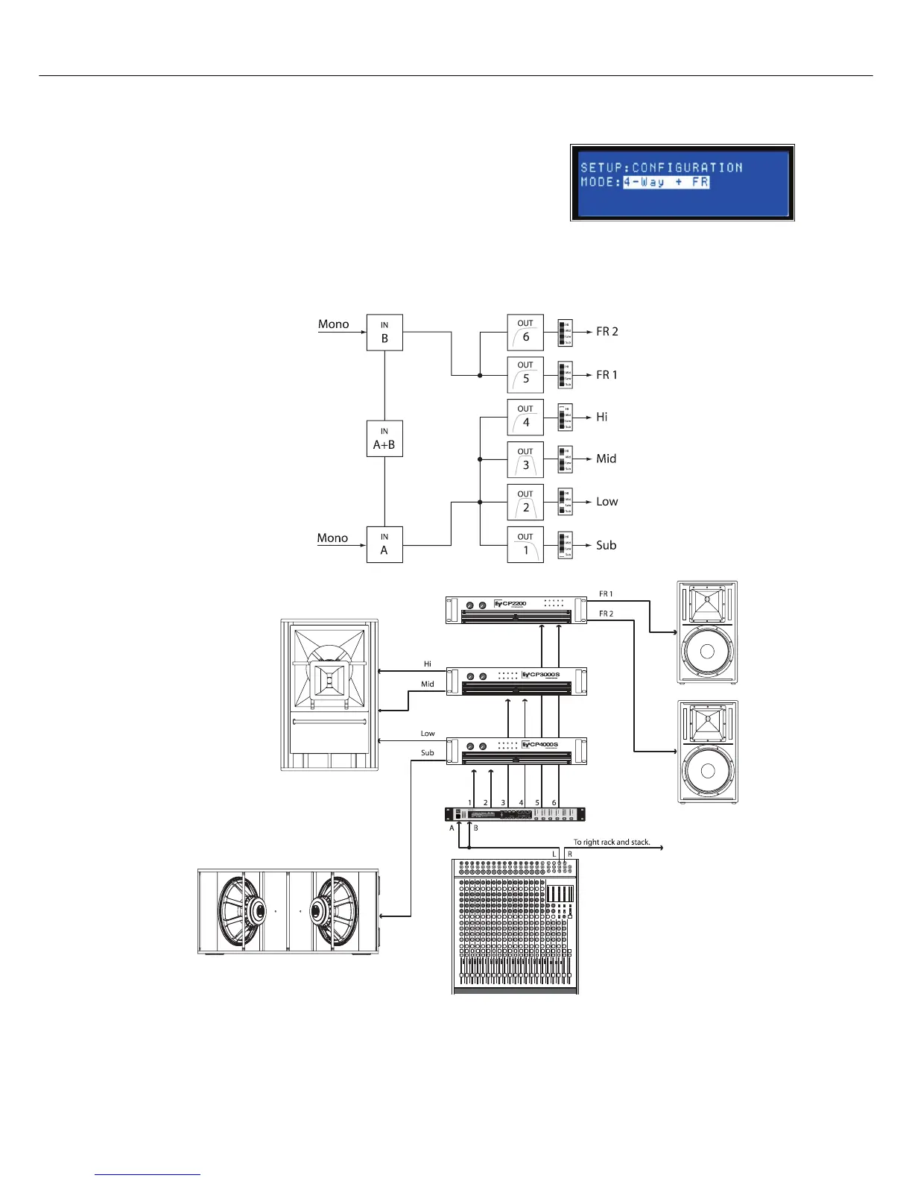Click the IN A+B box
coord(384,438)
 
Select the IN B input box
coord(384,333)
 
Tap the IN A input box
coord(384,544)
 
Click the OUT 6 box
coord(525,333)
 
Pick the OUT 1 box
coord(525,545)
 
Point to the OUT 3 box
coord(525,460)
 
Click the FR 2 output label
coord(607,332)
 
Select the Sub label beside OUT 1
coord(606,545)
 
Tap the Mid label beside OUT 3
coord(606,459)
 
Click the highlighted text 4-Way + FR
coord(666,182)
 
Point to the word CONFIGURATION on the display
coord(687,168)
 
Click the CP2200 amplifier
coord(516,610)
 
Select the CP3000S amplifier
coord(516,681)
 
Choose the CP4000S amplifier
coord(516,751)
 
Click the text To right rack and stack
coord(612,842)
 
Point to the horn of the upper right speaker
coord(707,604)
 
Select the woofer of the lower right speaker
coord(707,772)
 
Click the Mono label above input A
coord(332,538)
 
